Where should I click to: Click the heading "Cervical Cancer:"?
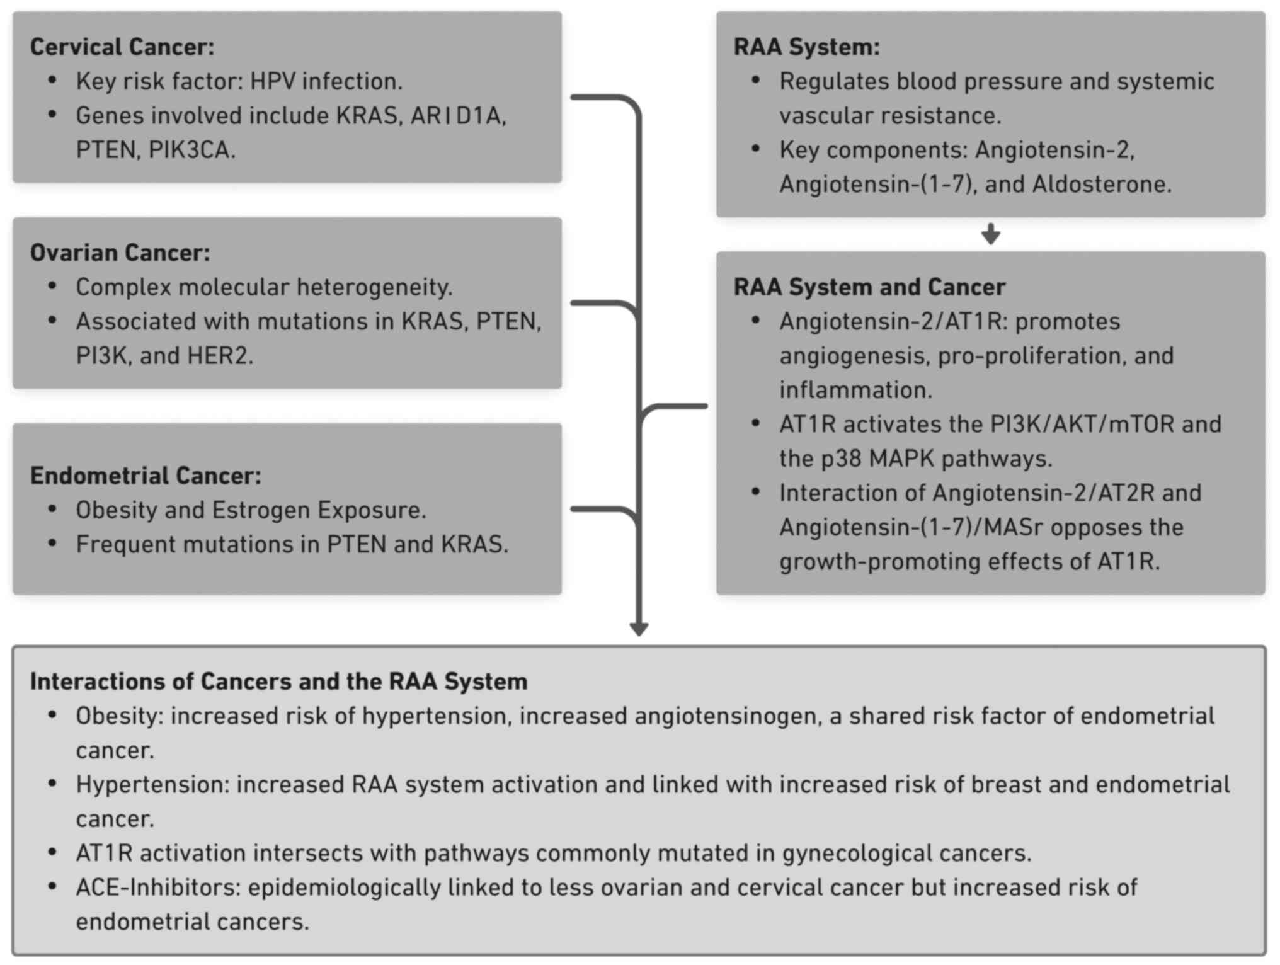coord(122,47)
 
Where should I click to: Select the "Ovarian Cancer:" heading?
coord(120,253)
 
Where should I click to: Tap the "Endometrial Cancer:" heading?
coord(146,476)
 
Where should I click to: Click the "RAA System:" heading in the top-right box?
coord(806,47)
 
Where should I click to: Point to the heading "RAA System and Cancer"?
coord(869,287)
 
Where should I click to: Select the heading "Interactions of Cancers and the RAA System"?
coord(278,682)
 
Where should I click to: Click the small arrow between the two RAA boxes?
coord(990,234)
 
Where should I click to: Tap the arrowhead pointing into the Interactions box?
coord(639,628)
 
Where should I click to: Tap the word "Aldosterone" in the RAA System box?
coord(1102,185)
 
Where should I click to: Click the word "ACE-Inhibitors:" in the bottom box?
coord(159,888)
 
